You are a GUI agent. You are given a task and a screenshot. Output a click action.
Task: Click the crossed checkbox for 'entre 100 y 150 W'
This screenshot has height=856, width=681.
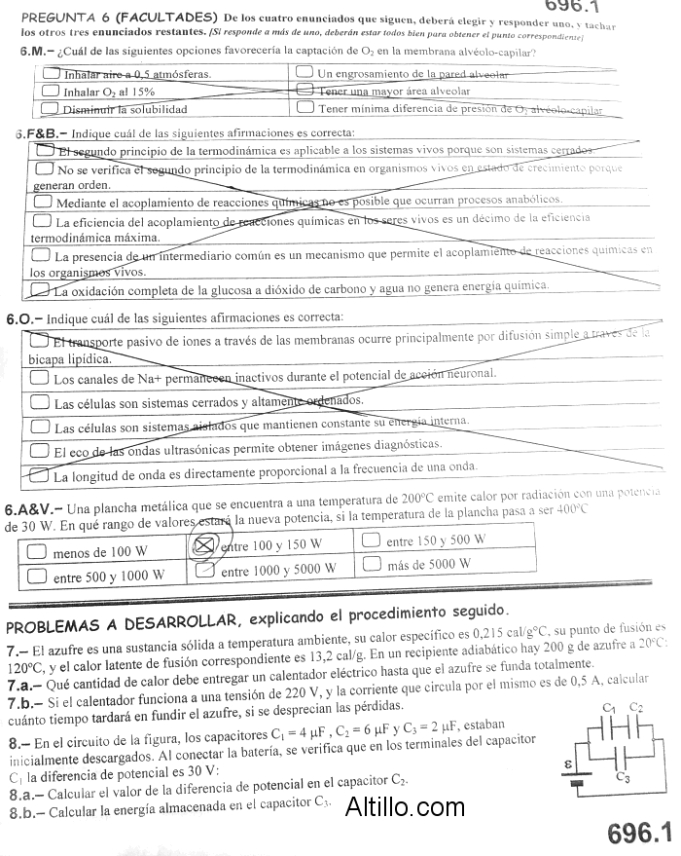[205, 544]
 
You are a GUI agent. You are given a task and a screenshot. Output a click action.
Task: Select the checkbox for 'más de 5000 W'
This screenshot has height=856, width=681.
[371, 563]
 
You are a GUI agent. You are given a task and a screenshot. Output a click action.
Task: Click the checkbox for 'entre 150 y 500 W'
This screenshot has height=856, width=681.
[371, 540]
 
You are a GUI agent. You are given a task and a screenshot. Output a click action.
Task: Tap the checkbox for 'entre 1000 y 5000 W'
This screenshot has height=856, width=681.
[204, 570]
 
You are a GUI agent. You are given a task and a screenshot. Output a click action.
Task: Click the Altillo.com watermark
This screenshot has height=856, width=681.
[405, 806]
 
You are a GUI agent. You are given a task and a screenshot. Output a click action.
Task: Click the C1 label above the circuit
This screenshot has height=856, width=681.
[610, 707]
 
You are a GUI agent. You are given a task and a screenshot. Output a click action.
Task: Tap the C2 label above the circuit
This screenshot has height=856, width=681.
[636, 707]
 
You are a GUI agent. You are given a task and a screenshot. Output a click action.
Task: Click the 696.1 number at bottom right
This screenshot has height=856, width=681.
[639, 833]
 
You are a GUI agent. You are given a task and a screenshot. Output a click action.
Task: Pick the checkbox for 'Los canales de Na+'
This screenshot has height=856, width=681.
[41, 379]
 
